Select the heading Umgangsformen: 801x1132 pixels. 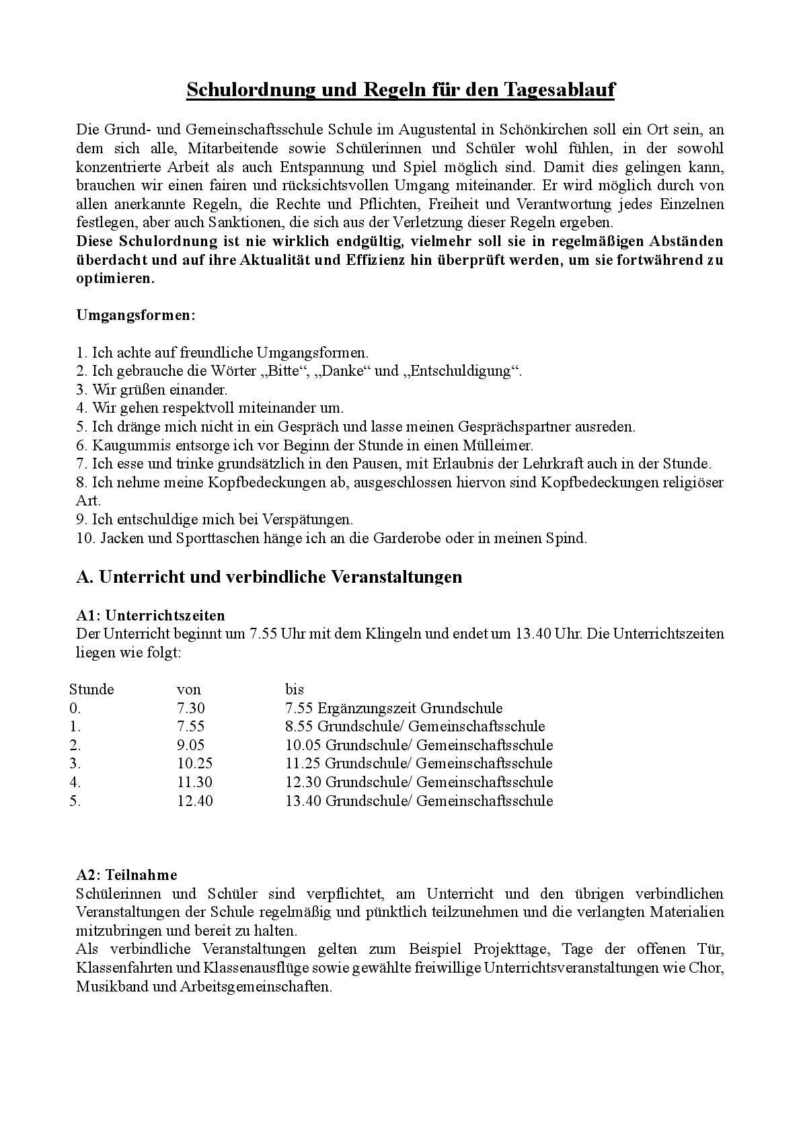point(135,315)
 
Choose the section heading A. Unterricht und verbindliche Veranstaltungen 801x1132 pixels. point(269,577)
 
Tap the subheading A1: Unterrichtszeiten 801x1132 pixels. point(151,615)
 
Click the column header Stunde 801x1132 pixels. point(91,689)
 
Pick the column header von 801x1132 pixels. point(188,689)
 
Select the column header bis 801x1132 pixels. point(295,689)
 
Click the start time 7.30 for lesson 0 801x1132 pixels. point(190,708)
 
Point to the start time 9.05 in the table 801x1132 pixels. point(190,745)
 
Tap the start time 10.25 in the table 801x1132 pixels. point(194,764)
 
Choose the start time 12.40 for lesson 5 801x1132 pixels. point(194,801)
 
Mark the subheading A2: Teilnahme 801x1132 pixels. point(126,875)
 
